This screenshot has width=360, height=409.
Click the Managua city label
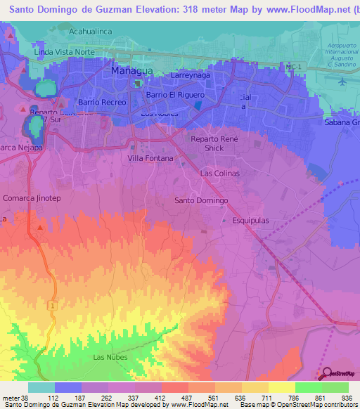[x=131, y=72]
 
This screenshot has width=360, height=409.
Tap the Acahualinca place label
[x=92, y=32]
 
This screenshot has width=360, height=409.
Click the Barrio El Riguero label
[x=175, y=95]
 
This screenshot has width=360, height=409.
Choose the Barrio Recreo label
[x=102, y=103]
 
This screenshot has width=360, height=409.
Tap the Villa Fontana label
[x=150, y=158]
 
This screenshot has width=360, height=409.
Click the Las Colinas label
[x=220, y=173]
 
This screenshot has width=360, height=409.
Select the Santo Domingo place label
[x=201, y=201]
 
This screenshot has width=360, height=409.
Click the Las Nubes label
[x=108, y=357]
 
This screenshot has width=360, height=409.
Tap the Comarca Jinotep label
[x=32, y=199]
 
